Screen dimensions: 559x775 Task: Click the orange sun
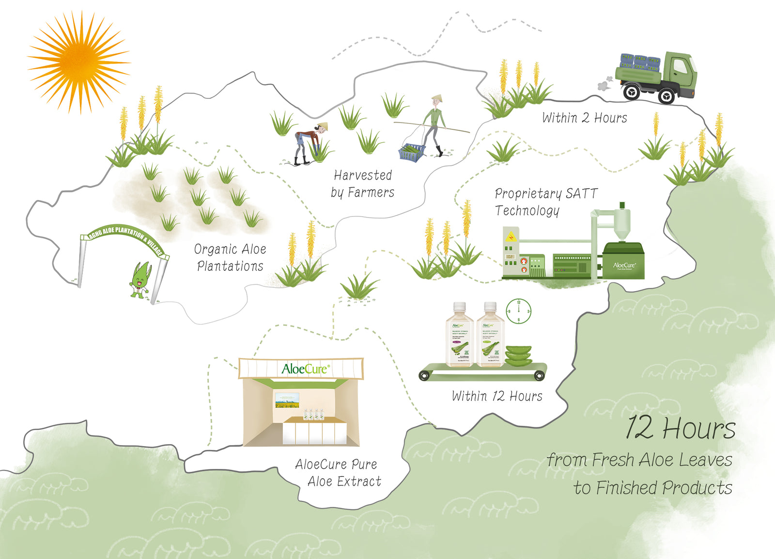coord(77,62)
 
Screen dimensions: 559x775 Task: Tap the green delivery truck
coord(656,77)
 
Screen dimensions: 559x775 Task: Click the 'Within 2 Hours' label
coord(584,118)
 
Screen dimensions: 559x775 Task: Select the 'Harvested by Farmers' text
coord(362,184)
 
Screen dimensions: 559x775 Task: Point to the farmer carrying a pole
coord(434,124)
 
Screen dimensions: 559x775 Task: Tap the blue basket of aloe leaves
coord(412,152)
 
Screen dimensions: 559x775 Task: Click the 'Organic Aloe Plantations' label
coord(230,257)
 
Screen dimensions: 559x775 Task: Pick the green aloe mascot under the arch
coord(140,280)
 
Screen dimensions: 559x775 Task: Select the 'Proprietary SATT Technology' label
coord(545,202)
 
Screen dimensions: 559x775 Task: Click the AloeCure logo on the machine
coord(624,265)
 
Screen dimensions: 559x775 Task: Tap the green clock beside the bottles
coord(518,311)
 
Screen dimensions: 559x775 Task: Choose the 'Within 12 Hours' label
coord(497,396)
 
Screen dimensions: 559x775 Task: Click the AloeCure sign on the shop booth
coord(305,369)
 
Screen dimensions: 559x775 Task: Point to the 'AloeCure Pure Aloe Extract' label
coord(338,473)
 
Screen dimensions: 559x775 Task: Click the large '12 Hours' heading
coord(680,428)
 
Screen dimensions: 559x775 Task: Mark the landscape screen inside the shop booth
coord(287,400)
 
